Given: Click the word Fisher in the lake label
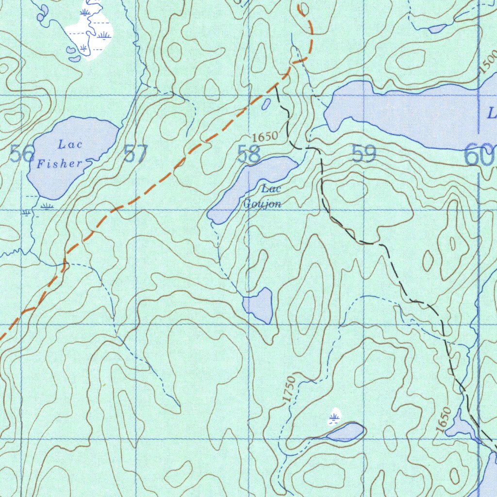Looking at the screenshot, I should tap(60, 164).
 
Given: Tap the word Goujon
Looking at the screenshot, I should tap(262, 204).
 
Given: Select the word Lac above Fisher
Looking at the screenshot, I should tap(70, 144).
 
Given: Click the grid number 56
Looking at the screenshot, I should tap(22, 155).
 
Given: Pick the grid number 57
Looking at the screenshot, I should tap(135, 154).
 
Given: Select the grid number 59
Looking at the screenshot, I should tap(364, 154).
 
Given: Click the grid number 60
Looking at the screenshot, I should tap(479, 155).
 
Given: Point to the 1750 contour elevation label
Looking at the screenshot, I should tap(290, 389).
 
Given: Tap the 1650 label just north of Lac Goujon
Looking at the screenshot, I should tap(265, 137).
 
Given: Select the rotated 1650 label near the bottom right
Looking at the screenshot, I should tap(443, 420).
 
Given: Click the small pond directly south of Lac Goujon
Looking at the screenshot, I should tap(259, 305).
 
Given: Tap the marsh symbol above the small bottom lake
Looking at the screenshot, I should tap(334, 417).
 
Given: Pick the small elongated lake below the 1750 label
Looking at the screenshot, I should tap(346, 431).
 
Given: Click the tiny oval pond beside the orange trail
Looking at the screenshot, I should tap(266, 104).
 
